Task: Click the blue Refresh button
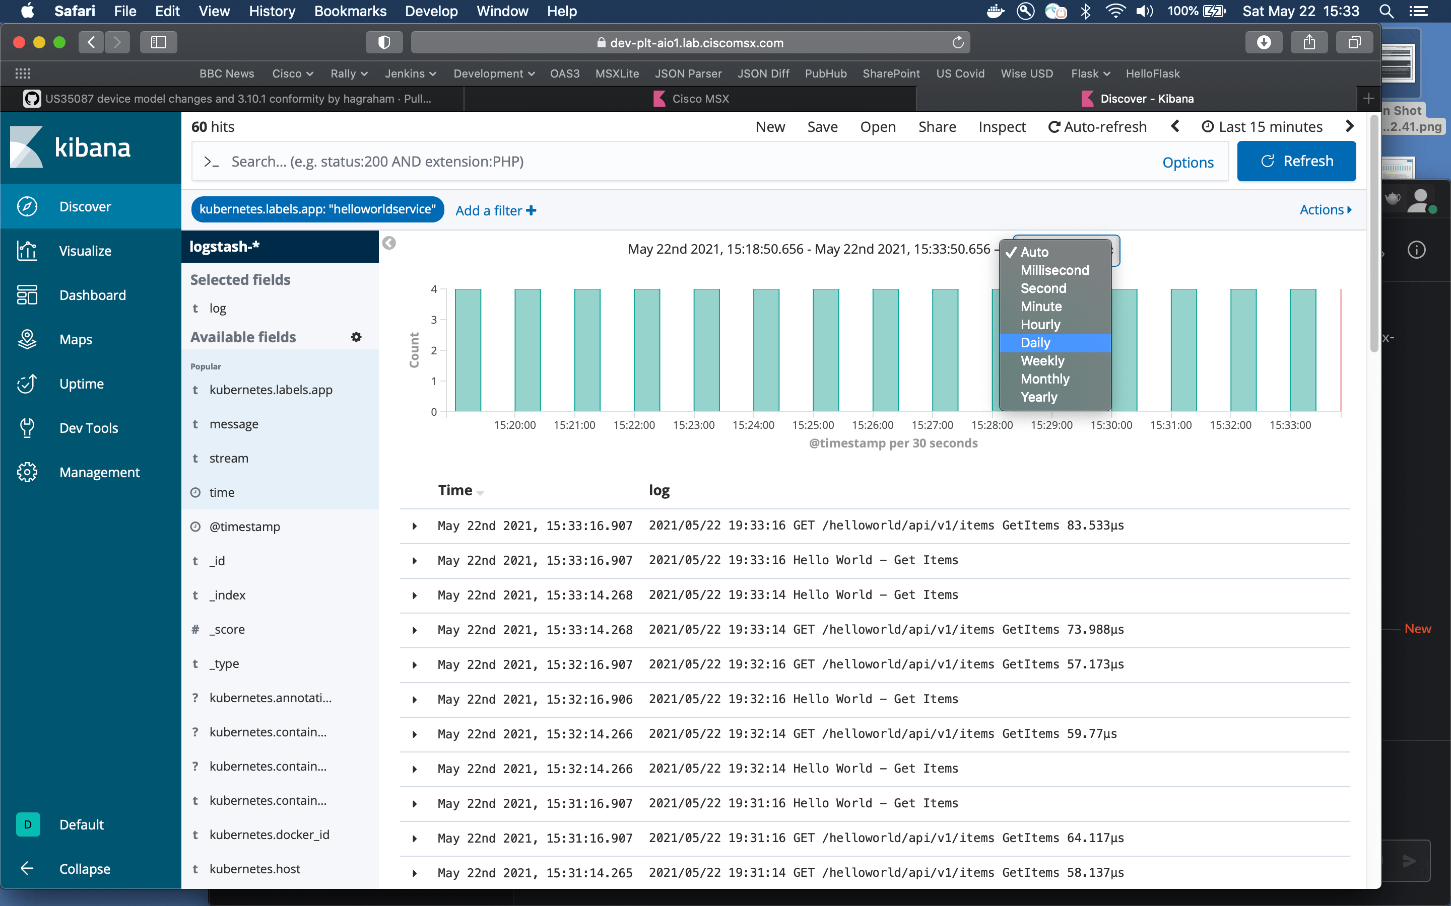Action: (x=1296, y=161)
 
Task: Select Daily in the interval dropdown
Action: (x=1035, y=343)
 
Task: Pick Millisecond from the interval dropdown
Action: (x=1054, y=270)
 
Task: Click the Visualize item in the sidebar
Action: (x=85, y=251)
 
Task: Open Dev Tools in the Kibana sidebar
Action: (x=88, y=428)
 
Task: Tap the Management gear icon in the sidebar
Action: (x=27, y=472)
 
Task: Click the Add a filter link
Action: (x=495, y=210)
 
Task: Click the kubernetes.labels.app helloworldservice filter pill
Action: (x=317, y=209)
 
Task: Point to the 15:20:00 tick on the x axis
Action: (x=514, y=425)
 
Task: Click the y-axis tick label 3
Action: (x=433, y=320)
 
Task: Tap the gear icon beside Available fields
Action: (x=356, y=337)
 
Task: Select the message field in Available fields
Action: (x=234, y=424)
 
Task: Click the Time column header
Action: (x=455, y=490)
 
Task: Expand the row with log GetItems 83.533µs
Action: (x=414, y=526)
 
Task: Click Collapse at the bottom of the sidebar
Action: (x=85, y=869)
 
